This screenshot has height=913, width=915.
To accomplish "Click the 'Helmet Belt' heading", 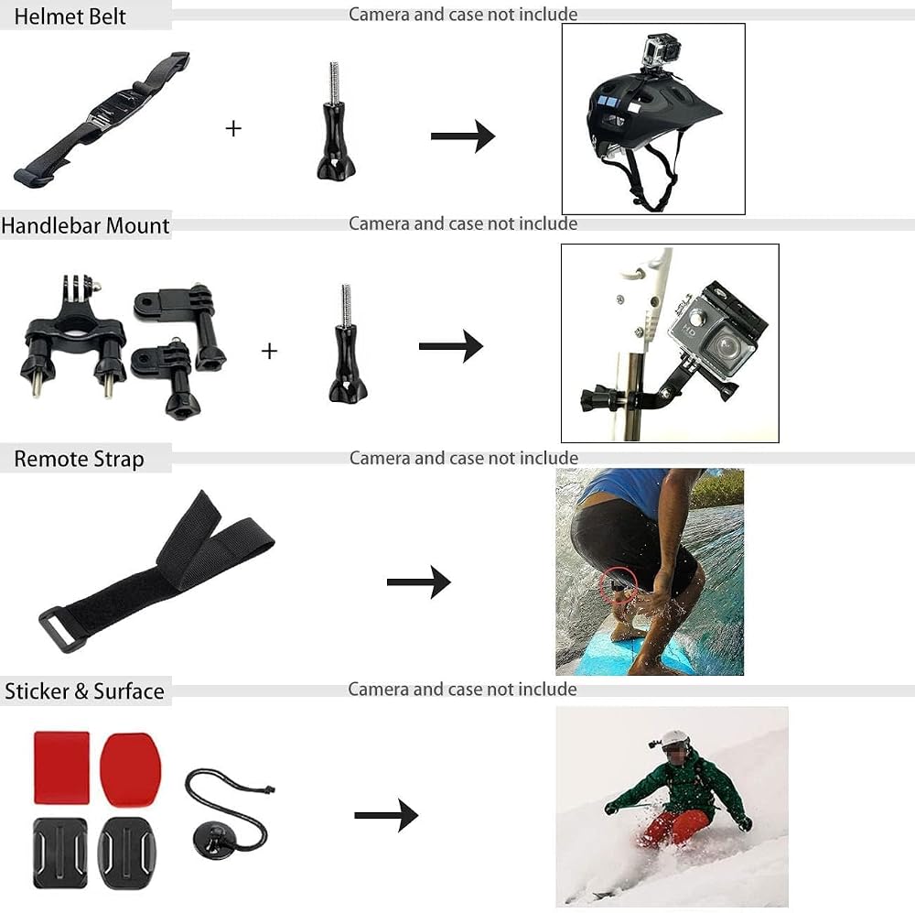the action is pyautogui.click(x=70, y=16).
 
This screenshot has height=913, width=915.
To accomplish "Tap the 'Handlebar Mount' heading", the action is pyautogui.click(x=85, y=225).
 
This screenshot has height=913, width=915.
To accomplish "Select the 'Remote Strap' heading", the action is pyautogui.click(x=79, y=459).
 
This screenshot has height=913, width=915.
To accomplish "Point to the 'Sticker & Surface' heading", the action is pyautogui.click(x=84, y=691).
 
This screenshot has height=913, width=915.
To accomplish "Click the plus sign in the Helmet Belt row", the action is pyautogui.click(x=233, y=128).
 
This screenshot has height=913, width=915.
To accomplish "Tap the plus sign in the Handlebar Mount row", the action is pyautogui.click(x=269, y=351).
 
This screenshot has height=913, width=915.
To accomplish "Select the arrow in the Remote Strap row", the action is pyautogui.click(x=418, y=581).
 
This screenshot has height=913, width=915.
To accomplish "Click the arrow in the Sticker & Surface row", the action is pyautogui.click(x=386, y=815).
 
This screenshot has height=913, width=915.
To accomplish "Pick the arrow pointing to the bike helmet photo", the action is pyautogui.click(x=463, y=136).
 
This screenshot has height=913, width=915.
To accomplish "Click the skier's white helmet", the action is pyautogui.click(x=676, y=740).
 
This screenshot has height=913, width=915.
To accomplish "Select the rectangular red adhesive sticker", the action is pyautogui.click(x=62, y=767).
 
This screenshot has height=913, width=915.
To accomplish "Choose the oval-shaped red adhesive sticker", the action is pyautogui.click(x=130, y=768).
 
